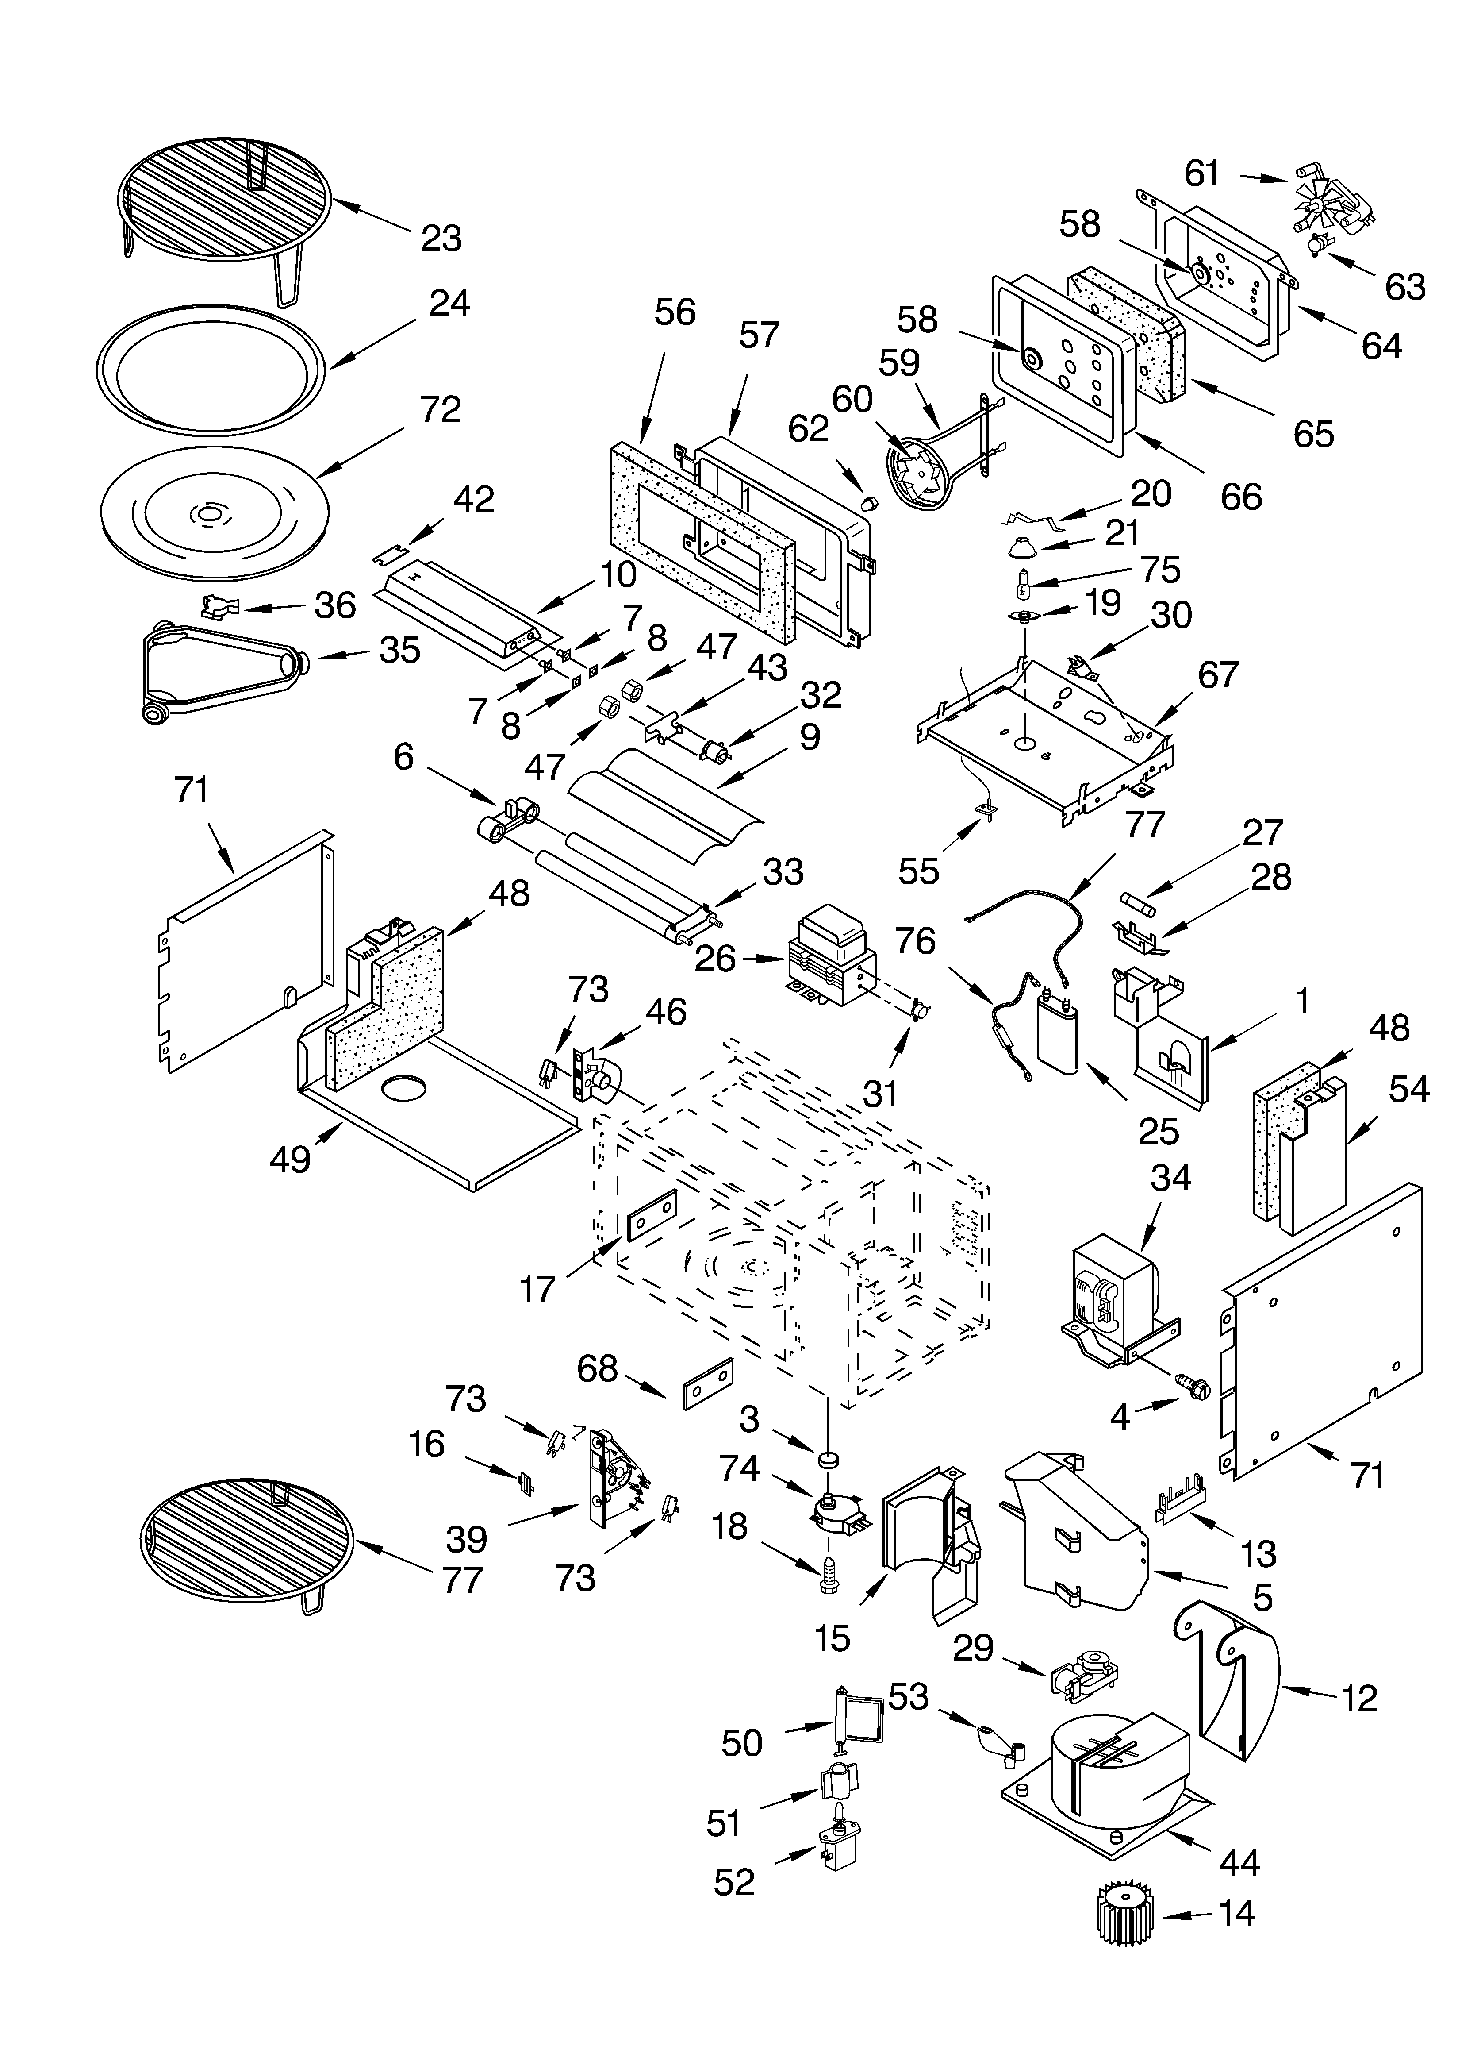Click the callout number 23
(x=441, y=238)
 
